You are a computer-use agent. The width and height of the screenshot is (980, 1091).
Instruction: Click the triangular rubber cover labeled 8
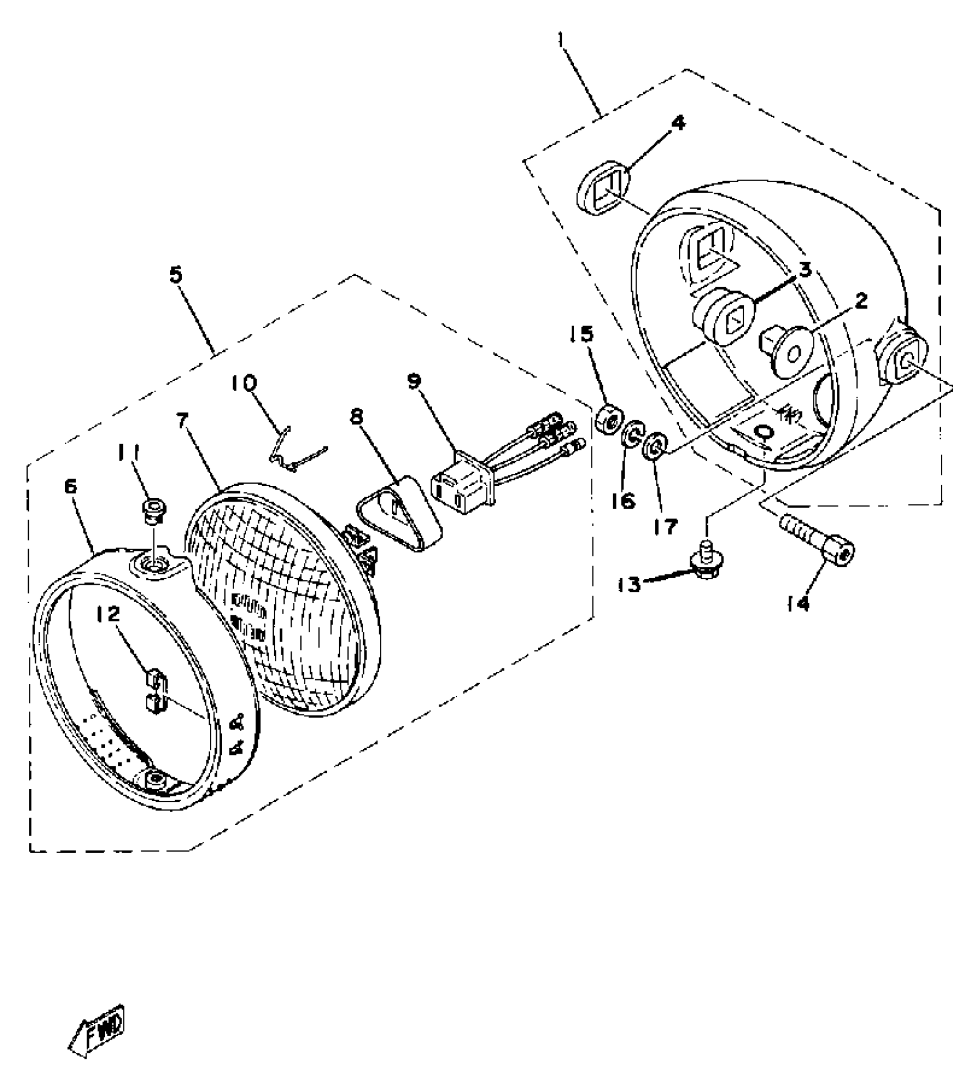401,510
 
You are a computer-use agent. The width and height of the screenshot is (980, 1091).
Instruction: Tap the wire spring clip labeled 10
294,452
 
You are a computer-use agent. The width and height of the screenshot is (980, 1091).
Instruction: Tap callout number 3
805,269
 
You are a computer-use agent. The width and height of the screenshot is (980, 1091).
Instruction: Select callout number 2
860,301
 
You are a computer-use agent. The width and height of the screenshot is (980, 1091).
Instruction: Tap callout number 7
182,422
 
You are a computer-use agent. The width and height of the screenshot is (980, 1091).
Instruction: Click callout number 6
70,487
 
